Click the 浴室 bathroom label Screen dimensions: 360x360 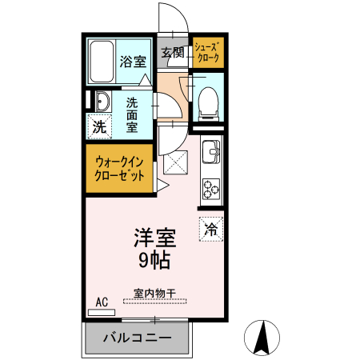133,61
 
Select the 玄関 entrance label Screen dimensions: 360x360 173,53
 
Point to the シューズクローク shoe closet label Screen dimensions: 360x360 207,53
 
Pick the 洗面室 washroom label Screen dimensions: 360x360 134,115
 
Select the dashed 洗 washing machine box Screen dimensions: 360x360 99,126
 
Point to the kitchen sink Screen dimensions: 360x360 212,150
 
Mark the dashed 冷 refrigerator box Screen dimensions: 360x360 212,226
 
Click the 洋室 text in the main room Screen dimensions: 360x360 153,238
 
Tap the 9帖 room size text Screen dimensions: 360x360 153,259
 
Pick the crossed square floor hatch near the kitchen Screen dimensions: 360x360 174,163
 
